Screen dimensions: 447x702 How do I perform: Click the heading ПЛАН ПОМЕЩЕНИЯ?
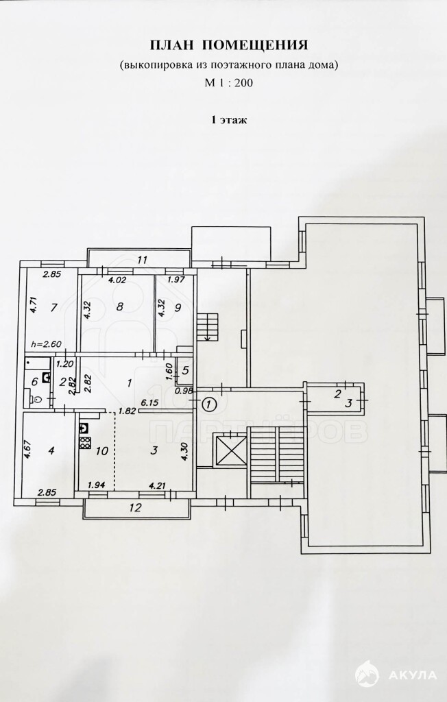click(228, 45)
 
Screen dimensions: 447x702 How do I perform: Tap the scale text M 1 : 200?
click(228, 83)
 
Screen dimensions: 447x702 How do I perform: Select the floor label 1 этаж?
click(229, 119)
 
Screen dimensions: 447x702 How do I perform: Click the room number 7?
click(53, 308)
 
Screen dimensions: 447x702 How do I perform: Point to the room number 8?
click(119, 307)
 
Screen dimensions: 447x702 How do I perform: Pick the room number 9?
click(178, 308)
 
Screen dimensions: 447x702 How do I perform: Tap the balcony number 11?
click(143, 259)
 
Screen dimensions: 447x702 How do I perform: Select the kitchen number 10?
click(102, 450)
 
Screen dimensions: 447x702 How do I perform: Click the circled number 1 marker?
click(208, 404)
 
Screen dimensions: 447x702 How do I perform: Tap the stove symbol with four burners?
click(84, 444)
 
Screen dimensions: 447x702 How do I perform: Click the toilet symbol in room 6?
click(37, 398)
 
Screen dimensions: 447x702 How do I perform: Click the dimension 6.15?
click(149, 402)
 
